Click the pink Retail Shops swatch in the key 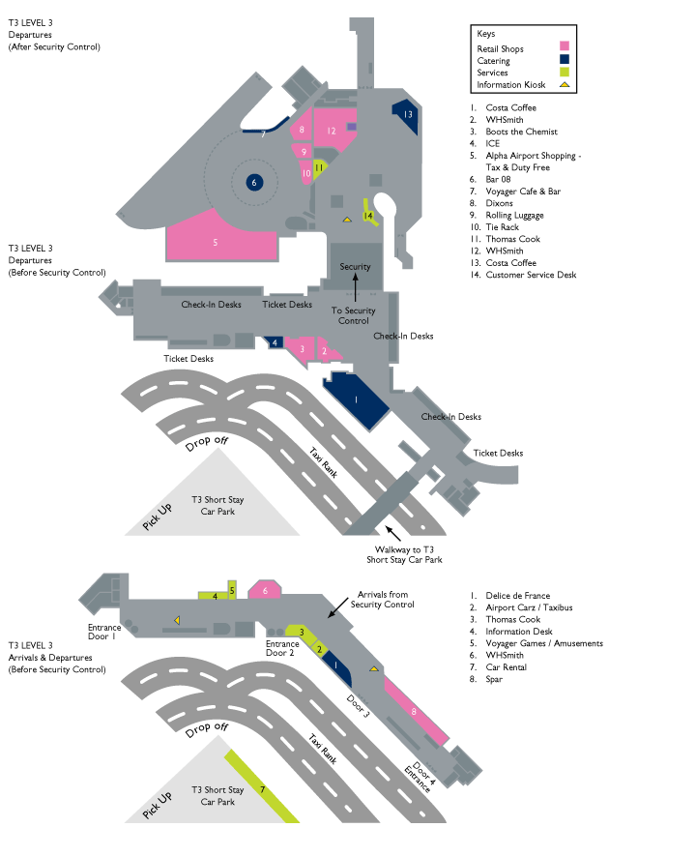click(x=565, y=45)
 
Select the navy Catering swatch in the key click(x=565, y=59)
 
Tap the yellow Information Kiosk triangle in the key click(x=565, y=85)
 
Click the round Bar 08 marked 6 click(x=254, y=182)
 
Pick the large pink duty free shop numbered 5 click(x=216, y=241)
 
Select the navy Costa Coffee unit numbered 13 click(x=406, y=114)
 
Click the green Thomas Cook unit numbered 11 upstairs click(x=319, y=167)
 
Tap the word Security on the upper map click(x=355, y=267)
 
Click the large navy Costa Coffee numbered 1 click(x=356, y=399)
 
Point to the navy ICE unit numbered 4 click(x=275, y=342)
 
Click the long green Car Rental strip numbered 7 click(x=262, y=789)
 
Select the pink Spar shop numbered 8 click(x=416, y=711)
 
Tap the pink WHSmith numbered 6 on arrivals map click(x=265, y=590)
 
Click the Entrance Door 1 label click(x=101, y=632)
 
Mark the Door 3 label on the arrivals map click(x=358, y=706)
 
